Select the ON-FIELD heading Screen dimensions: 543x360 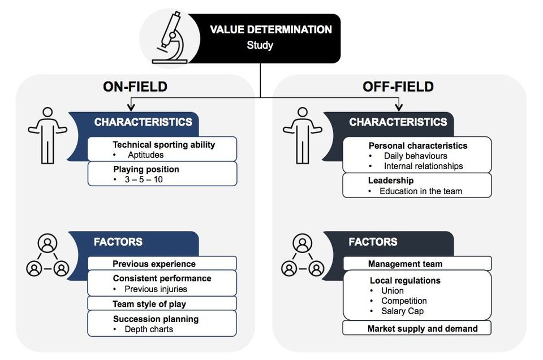[x=135, y=87]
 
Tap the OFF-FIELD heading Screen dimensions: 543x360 [x=398, y=87]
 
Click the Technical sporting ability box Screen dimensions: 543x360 [x=162, y=149]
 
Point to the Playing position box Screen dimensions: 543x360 [x=162, y=174]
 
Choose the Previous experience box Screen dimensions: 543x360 [x=162, y=263]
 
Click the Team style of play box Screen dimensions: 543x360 [x=162, y=303]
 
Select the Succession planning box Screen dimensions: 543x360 [x=162, y=324]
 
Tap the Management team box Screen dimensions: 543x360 [x=417, y=263]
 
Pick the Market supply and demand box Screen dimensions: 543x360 [x=417, y=328]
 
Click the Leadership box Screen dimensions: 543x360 [x=417, y=185]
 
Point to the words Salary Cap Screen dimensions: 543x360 [x=402, y=311]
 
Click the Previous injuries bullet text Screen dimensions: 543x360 [x=156, y=289]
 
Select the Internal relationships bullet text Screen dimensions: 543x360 [x=423, y=166]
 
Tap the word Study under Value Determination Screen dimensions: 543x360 [x=260, y=45]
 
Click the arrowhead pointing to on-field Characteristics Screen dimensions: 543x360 [x=131, y=108]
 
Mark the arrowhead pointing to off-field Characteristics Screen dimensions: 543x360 [x=399, y=108]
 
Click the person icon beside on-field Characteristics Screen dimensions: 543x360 [x=48, y=136]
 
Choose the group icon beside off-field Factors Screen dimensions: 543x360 [x=303, y=255]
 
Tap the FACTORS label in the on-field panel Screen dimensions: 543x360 [x=118, y=242]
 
